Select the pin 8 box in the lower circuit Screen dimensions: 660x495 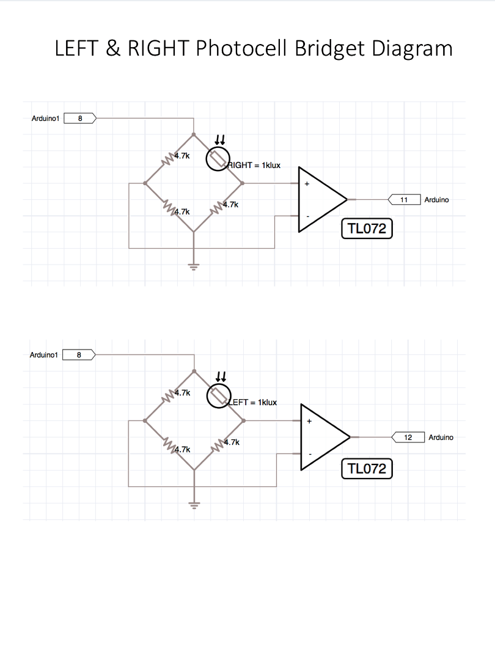(79, 354)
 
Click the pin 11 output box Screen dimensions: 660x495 (404, 200)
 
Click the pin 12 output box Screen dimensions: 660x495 (408, 438)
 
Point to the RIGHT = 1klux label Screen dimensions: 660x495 (254, 166)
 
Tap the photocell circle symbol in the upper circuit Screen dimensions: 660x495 (217, 159)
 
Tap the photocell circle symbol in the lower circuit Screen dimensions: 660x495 (218, 396)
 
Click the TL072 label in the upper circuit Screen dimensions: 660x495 (367, 229)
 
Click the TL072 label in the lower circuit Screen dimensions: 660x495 (367, 469)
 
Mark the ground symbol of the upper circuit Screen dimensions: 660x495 (194, 266)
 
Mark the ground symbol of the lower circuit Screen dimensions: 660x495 (194, 505)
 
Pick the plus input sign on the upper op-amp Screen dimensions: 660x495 (307, 183)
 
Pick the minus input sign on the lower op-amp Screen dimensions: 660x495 (310, 454)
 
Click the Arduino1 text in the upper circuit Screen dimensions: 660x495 (45, 118)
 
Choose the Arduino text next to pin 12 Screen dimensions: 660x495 (441, 438)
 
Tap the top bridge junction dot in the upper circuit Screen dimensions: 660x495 (194, 134)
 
